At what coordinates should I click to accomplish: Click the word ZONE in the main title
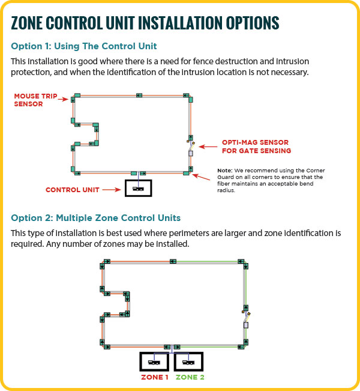pyautogui.click(x=34, y=23)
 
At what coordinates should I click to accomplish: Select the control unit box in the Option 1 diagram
pyautogui.click(x=138, y=189)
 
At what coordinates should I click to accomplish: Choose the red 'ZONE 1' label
pyautogui.click(x=155, y=377)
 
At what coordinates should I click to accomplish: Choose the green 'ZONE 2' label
pyautogui.click(x=190, y=377)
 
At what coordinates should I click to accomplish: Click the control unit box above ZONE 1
pyautogui.click(x=155, y=362)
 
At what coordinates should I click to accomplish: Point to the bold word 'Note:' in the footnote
pyautogui.click(x=224, y=171)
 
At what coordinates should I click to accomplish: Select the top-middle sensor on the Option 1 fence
pyautogui.click(x=139, y=95)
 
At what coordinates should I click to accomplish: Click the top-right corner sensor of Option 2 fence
pyautogui.click(x=242, y=262)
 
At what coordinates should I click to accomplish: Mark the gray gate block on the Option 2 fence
pyautogui.click(x=245, y=325)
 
